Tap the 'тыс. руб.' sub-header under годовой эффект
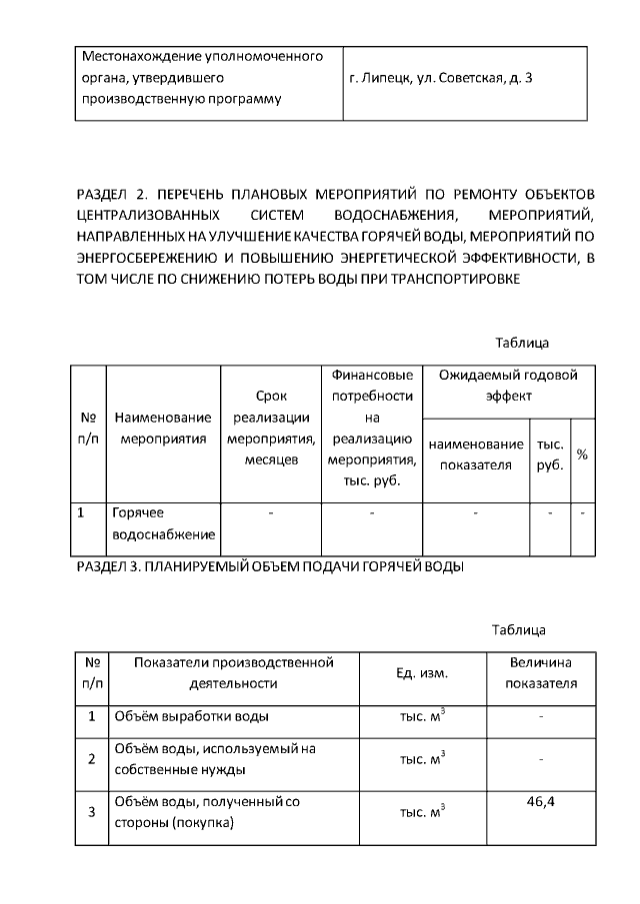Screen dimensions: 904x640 tap(550, 454)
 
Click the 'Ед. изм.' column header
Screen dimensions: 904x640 tap(423, 673)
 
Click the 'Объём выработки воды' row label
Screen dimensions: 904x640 tap(191, 716)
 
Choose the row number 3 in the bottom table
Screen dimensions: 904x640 tap(91, 812)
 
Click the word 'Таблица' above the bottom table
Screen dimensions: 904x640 tap(518, 630)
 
